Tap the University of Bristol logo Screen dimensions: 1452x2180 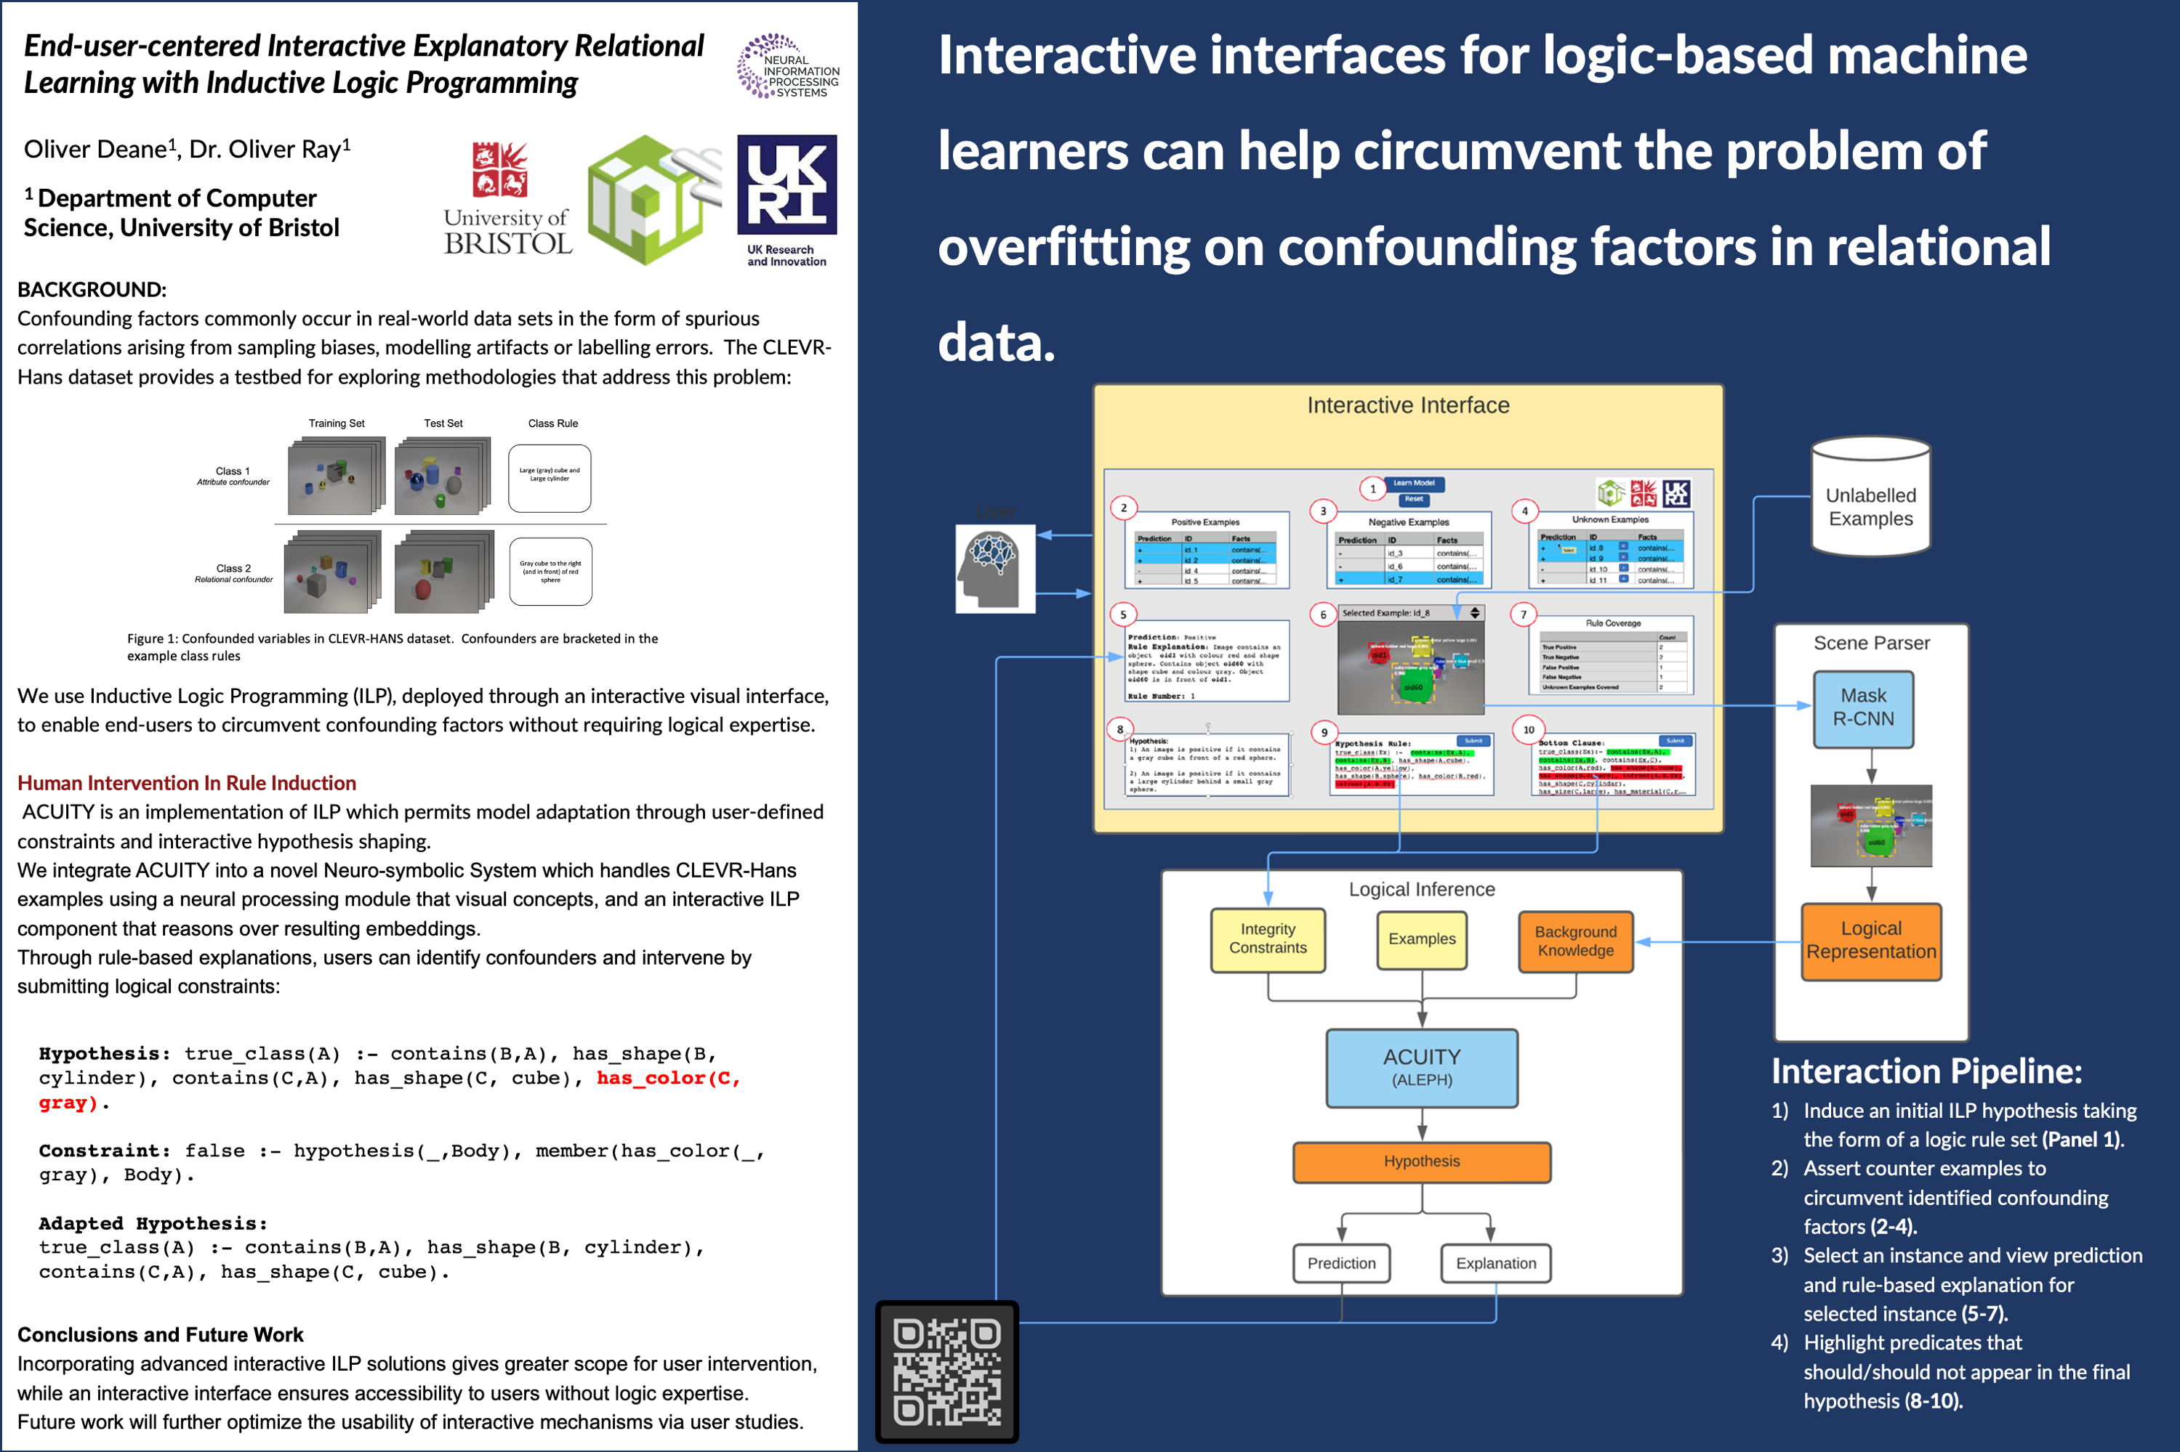(x=507, y=199)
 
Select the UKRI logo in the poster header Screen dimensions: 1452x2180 (x=787, y=200)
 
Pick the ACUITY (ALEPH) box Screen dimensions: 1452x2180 (x=1421, y=1068)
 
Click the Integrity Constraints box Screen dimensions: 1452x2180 (x=1268, y=939)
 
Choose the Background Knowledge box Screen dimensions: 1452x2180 (x=1575, y=941)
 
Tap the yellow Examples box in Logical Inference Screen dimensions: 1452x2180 (x=1421, y=939)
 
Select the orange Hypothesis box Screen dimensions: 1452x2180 (x=1421, y=1161)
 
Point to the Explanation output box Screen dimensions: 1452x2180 (x=1495, y=1263)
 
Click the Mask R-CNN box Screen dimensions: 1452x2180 (x=1863, y=708)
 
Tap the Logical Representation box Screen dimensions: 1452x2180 (x=1870, y=941)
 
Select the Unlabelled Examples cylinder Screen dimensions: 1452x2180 (x=1870, y=498)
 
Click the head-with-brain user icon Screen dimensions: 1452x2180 (x=994, y=567)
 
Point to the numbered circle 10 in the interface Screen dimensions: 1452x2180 (x=1529, y=730)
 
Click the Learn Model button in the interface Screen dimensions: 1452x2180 (x=1414, y=483)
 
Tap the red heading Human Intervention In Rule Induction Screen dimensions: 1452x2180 (x=186, y=784)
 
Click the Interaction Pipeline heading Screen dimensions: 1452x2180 (x=1926, y=1071)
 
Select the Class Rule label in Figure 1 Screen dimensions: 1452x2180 (x=553, y=423)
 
